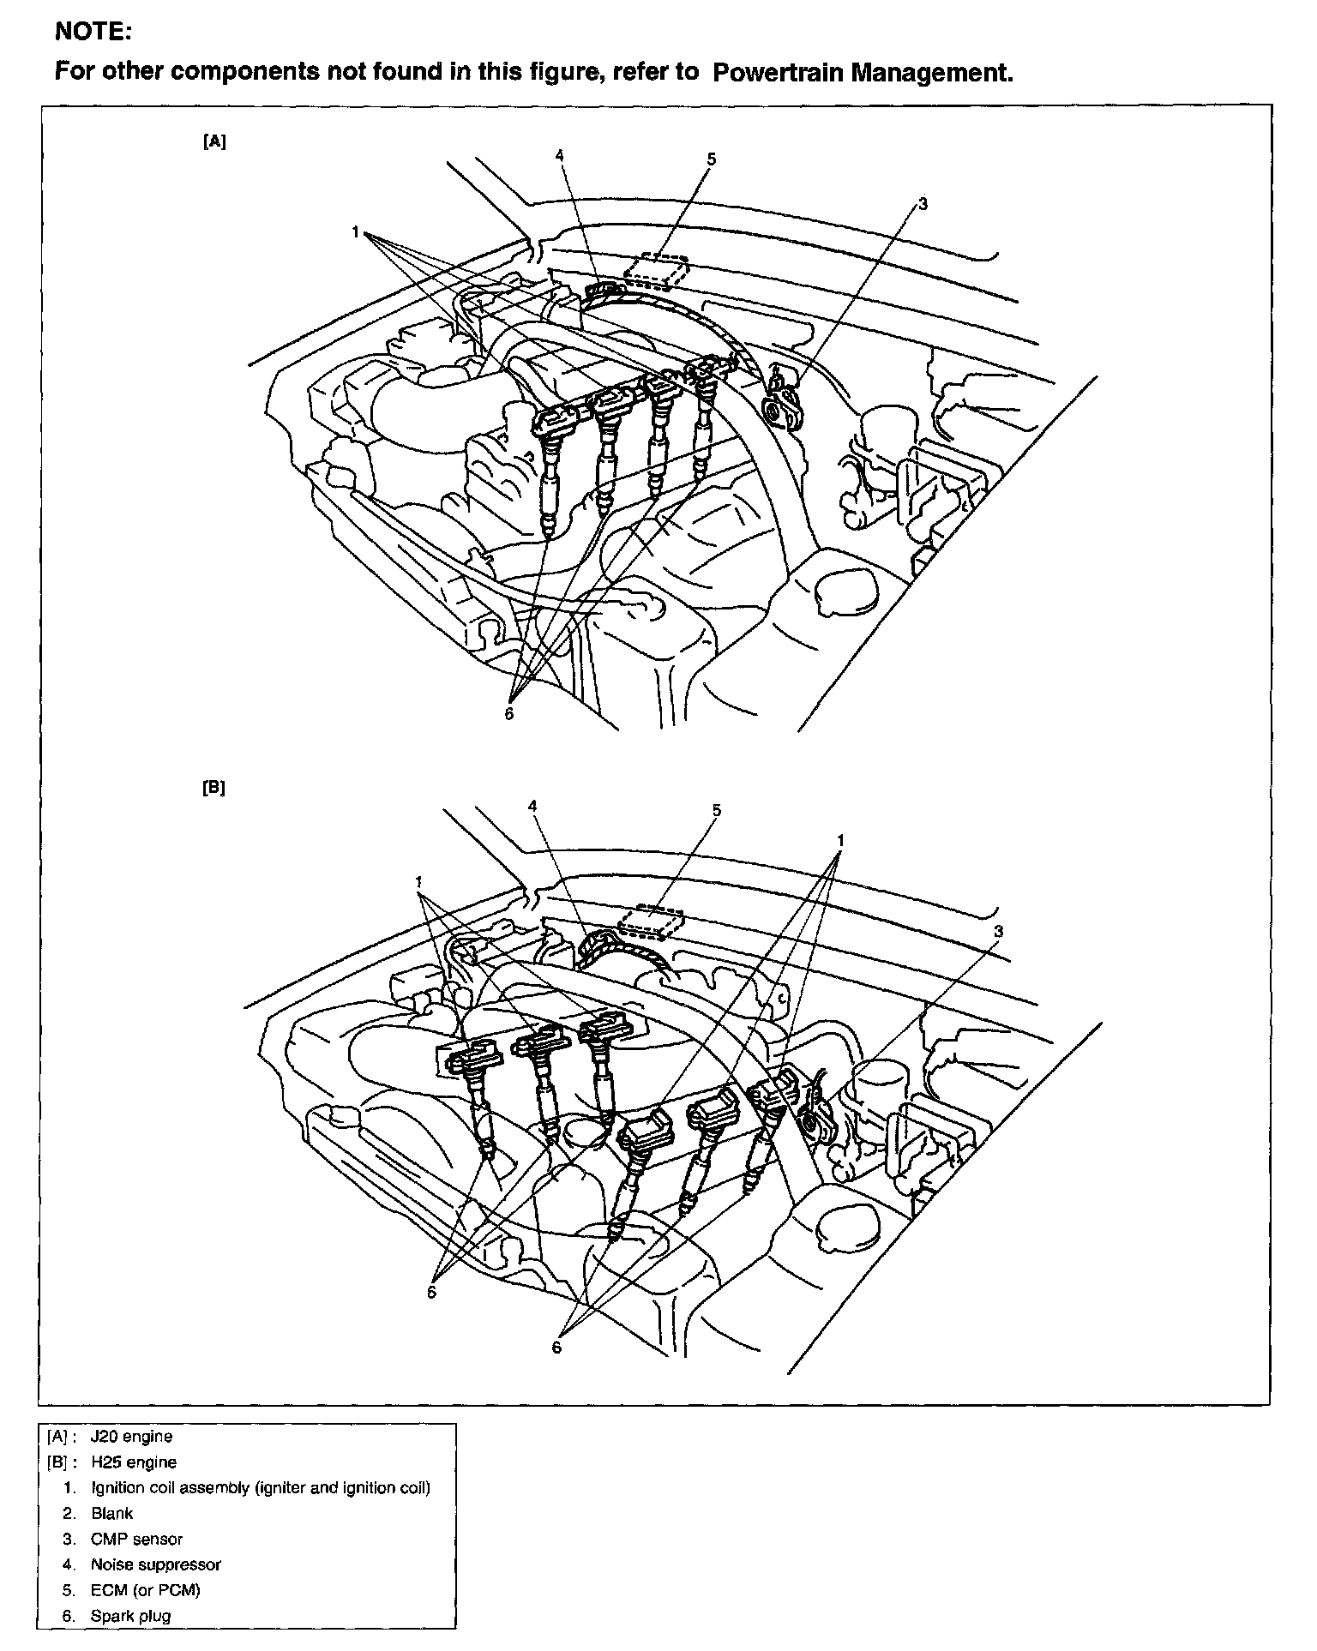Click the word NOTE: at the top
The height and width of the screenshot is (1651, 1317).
click(x=93, y=33)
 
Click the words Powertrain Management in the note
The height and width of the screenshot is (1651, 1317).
click(x=862, y=73)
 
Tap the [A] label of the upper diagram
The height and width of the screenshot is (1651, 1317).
click(x=214, y=143)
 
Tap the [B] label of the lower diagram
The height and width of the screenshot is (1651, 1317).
click(x=214, y=788)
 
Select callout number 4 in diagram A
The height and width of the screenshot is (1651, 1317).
click(x=559, y=155)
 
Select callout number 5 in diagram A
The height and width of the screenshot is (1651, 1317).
click(x=712, y=159)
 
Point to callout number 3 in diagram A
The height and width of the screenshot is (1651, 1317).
click(x=923, y=204)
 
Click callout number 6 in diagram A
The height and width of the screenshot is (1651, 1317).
click(x=508, y=713)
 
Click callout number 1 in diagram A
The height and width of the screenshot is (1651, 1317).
click(x=354, y=231)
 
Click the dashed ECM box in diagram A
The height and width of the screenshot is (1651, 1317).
click(x=656, y=272)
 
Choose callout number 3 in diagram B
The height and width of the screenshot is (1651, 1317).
click(x=998, y=932)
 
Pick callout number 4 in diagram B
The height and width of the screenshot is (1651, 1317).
click(x=532, y=807)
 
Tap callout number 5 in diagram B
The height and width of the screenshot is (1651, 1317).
click(x=717, y=810)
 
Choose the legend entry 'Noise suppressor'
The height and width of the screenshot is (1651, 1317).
click(x=155, y=1564)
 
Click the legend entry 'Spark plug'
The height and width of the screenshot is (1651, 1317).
click(x=130, y=1616)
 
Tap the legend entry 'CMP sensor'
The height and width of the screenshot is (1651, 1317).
click(x=136, y=1539)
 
